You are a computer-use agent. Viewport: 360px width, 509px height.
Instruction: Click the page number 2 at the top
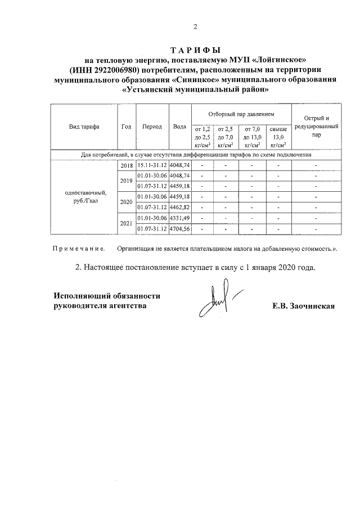(195, 26)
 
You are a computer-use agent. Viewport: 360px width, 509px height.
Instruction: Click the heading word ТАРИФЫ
(195, 50)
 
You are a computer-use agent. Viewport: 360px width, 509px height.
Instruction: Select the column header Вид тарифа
(84, 127)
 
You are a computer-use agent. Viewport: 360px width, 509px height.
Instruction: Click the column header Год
(126, 127)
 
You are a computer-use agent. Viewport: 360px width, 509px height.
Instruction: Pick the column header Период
(152, 127)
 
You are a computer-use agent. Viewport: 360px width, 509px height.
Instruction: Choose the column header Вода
(180, 127)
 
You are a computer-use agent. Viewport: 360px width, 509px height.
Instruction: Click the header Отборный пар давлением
(241, 114)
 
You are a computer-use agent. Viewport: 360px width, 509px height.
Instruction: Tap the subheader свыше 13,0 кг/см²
(278, 137)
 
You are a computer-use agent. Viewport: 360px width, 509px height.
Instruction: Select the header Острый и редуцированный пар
(316, 127)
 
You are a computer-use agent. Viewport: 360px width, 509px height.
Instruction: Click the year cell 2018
(127, 166)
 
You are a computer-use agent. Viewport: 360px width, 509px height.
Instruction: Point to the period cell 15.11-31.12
(152, 166)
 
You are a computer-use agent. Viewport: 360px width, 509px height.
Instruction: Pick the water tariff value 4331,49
(180, 218)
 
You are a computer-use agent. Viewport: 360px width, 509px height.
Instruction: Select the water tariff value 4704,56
(180, 229)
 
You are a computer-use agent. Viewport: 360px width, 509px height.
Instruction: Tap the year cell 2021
(127, 224)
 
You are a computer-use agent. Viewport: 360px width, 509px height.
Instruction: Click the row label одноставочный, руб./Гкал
(84, 197)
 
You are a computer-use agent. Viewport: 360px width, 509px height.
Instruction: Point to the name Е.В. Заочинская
(303, 306)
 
